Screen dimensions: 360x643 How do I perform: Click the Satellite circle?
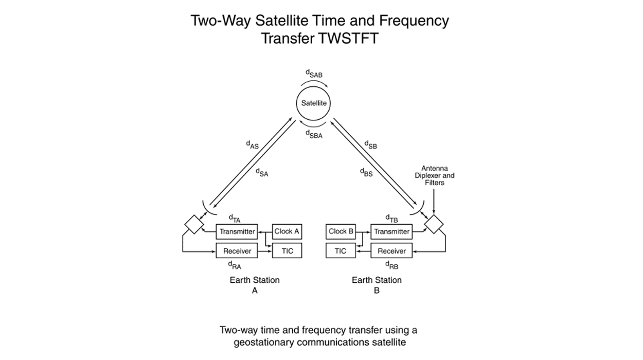[x=314, y=103]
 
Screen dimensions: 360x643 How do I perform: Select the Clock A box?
[x=287, y=231]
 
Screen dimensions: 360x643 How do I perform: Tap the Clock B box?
[x=341, y=231]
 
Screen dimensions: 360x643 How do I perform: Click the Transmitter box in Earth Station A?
[x=237, y=231]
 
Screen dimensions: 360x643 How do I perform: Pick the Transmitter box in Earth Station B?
[x=391, y=231]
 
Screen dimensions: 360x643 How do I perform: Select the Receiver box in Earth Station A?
[x=237, y=251]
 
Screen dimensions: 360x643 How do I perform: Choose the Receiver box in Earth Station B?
[x=391, y=251]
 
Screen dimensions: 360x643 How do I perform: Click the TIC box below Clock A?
[x=287, y=251]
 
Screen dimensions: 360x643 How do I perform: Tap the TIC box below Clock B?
[x=341, y=251]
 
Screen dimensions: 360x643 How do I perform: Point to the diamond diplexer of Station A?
[x=193, y=224]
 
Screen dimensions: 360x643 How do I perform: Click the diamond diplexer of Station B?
[x=433, y=224]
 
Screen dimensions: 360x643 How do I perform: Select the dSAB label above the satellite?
[x=314, y=74]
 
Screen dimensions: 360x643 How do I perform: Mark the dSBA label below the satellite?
[x=314, y=134]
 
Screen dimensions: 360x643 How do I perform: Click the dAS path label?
[x=252, y=145]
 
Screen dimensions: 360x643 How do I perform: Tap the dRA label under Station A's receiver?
[x=235, y=265]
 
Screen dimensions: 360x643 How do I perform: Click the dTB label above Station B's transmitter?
[x=392, y=218]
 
